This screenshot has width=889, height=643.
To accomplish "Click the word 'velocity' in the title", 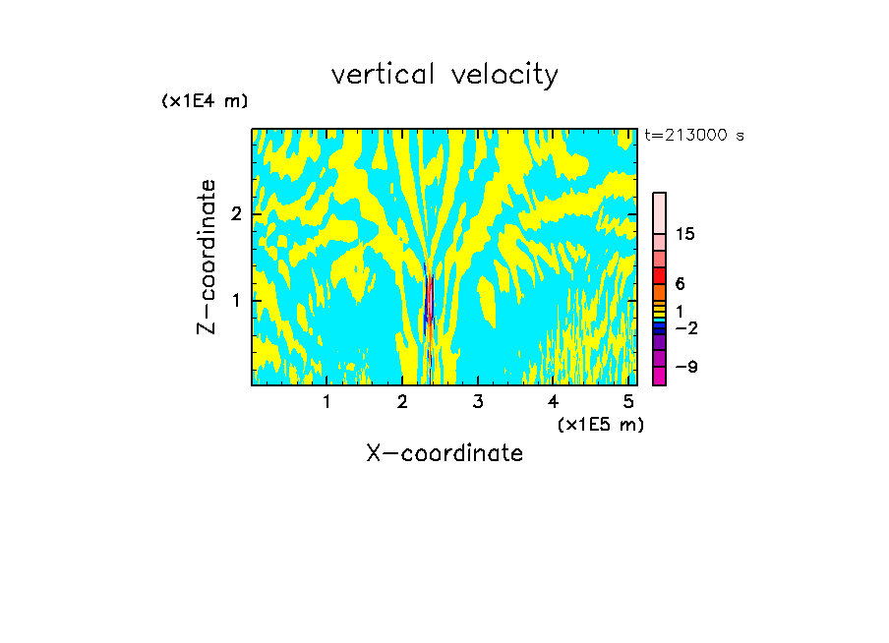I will click(504, 75).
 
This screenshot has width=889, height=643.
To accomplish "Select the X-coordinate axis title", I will click(444, 453).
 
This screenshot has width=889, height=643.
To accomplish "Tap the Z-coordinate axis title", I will click(207, 257).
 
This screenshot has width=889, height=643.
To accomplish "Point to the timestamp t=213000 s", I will click(694, 136).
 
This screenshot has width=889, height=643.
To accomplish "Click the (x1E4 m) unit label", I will click(205, 101).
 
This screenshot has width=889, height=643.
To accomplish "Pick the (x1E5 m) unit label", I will click(600, 424).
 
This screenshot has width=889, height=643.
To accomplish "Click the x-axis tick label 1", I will click(326, 402).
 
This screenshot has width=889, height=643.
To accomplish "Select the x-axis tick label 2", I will click(402, 402).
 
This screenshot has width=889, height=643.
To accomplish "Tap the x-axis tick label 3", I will click(477, 402).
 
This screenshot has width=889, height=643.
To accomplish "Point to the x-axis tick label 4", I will click(553, 402).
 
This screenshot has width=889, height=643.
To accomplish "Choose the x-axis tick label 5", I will click(628, 402).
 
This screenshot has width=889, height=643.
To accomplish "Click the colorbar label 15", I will click(685, 234).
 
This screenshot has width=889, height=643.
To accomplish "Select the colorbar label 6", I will click(680, 283).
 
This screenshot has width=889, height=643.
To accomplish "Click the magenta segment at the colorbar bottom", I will click(659, 376).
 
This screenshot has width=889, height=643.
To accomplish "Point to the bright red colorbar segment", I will click(659, 275).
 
